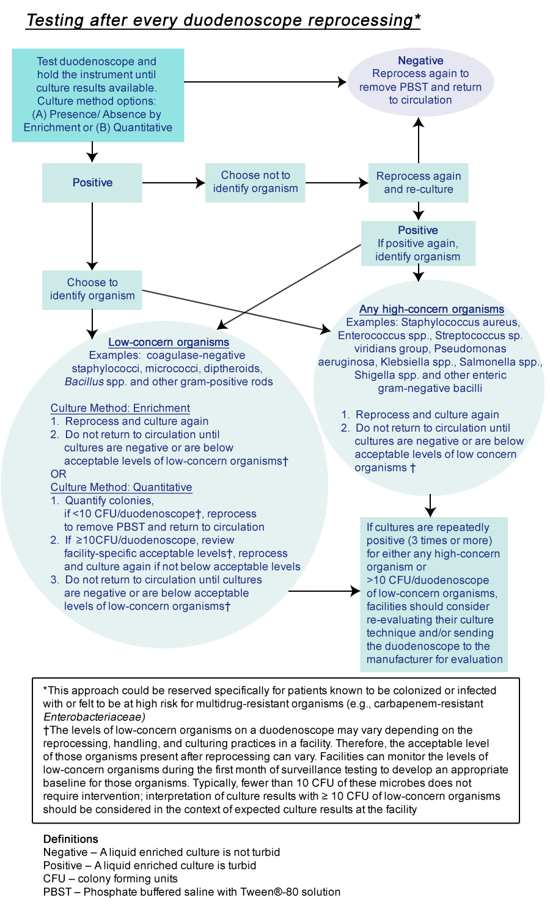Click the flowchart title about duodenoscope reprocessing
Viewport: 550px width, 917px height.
click(x=223, y=20)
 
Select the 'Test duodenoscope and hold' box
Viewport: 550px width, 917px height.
click(x=98, y=95)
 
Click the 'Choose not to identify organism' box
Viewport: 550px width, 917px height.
click(x=255, y=182)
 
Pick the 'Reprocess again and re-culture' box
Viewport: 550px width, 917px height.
click(x=419, y=182)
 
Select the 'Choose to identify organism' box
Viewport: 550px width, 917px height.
click(x=92, y=289)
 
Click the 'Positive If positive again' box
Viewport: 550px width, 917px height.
click(x=418, y=243)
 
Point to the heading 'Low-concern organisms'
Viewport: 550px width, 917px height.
click(x=169, y=342)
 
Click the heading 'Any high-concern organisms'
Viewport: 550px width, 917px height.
click(x=431, y=309)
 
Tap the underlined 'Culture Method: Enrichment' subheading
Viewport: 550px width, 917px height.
click(x=120, y=408)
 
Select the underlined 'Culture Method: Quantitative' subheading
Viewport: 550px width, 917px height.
click(x=121, y=487)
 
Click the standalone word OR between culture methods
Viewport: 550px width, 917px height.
click(x=59, y=474)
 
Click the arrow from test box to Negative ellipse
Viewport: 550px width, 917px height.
click(x=263, y=82)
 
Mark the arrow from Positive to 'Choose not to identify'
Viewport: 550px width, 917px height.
click(x=173, y=183)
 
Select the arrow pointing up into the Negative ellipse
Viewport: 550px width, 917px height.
click(x=419, y=141)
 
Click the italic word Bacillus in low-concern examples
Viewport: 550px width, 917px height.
click(x=84, y=382)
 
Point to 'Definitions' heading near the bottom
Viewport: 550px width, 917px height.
click(x=71, y=839)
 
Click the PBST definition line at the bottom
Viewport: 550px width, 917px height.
click(x=191, y=892)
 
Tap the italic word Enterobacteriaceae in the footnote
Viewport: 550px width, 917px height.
click(x=94, y=717)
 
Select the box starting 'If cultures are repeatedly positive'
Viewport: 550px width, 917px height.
click(x=434, y=593)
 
